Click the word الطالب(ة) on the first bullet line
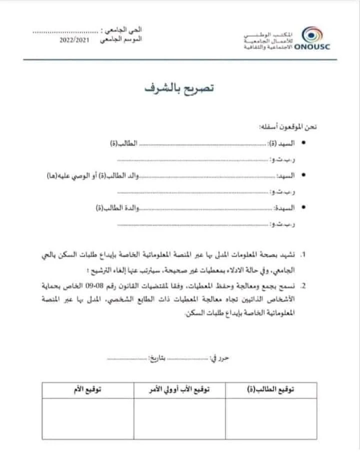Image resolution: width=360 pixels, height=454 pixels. (x=124, y=143)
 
